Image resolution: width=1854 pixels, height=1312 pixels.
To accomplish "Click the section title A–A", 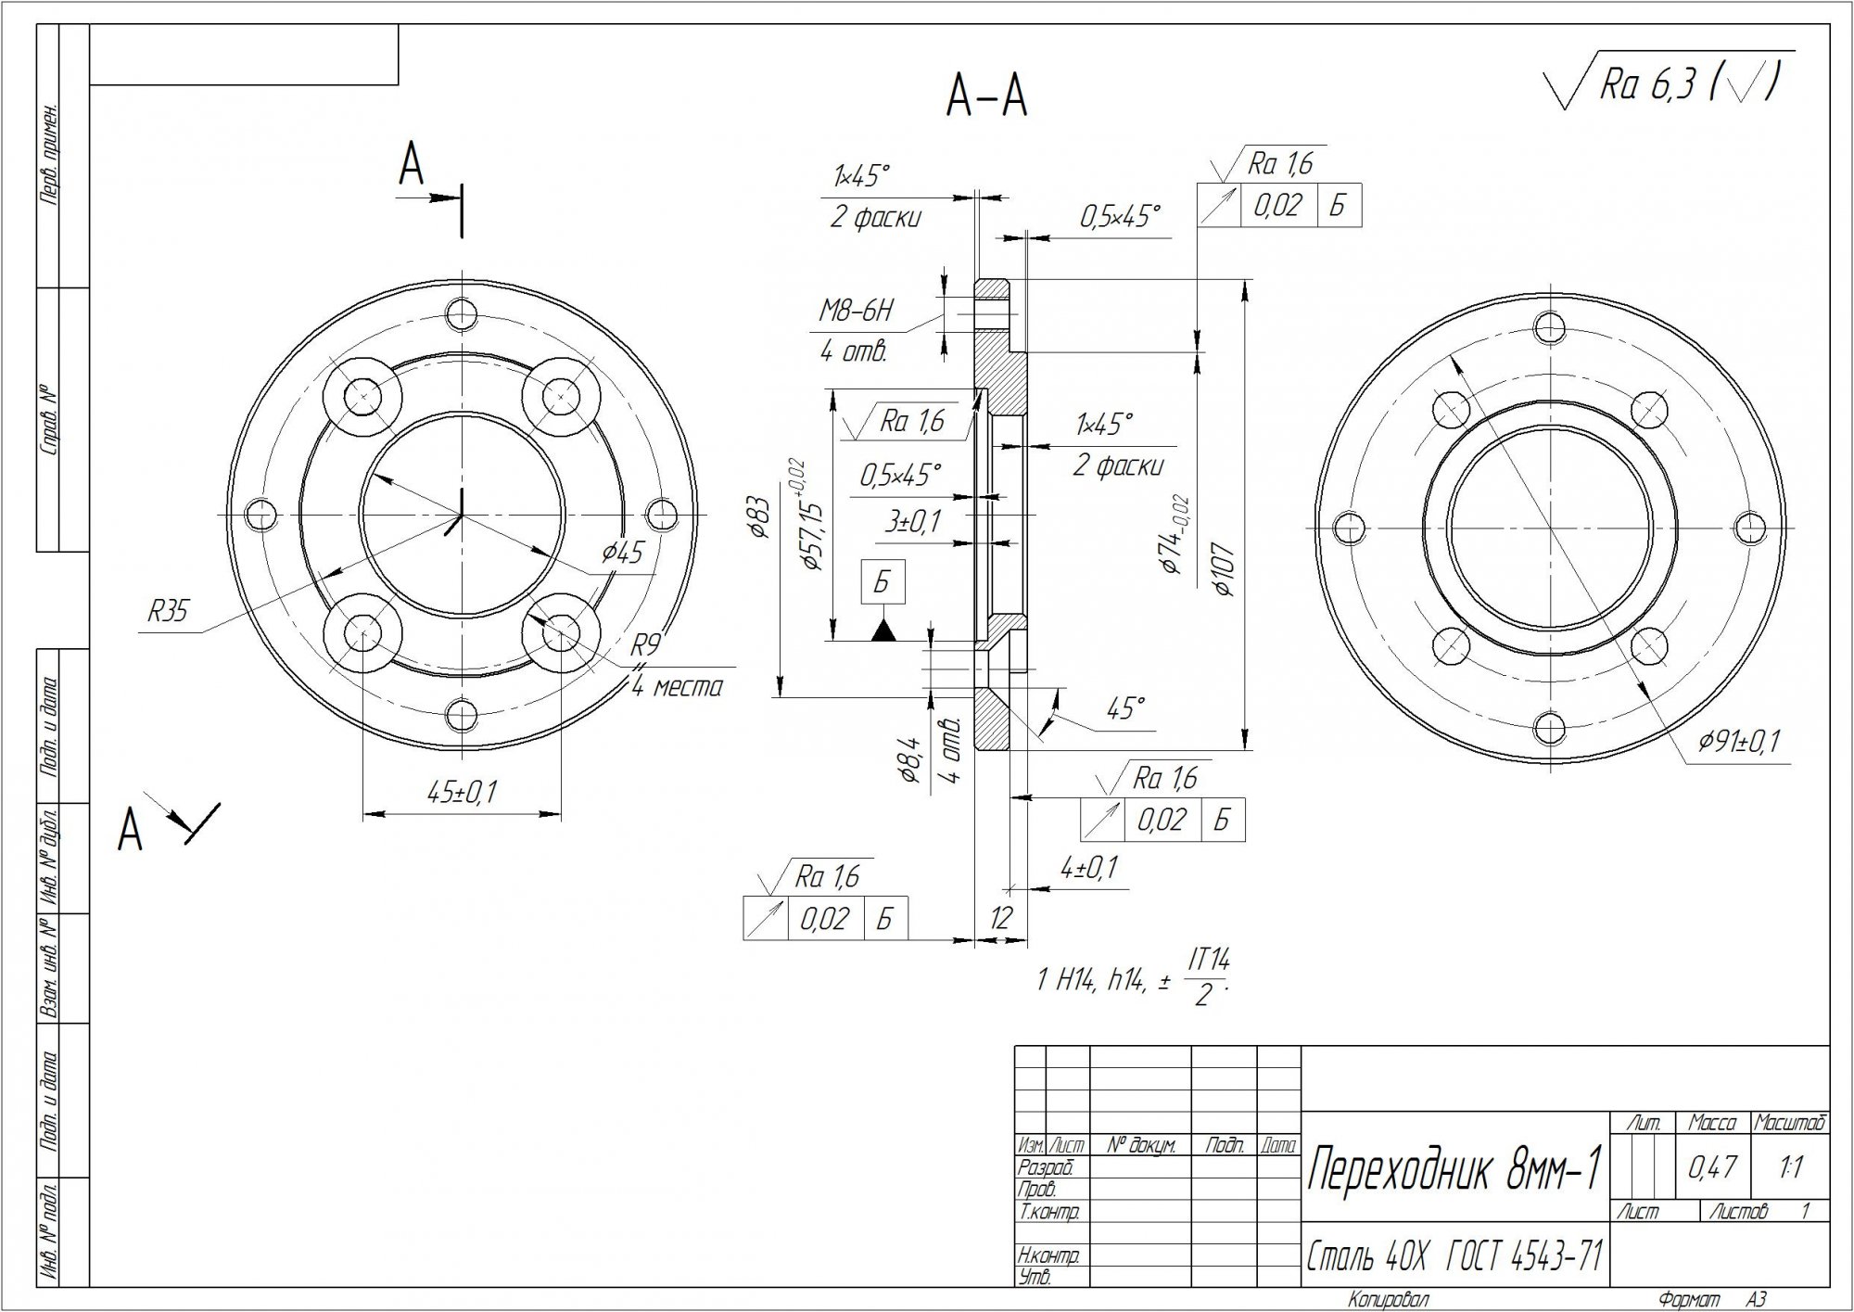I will coord(986,97).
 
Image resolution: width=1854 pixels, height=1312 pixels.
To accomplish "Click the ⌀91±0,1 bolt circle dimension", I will coord(1739,742).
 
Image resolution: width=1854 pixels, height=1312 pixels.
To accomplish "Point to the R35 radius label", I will coord(168,612).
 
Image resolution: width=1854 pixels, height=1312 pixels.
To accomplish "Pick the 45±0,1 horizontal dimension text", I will coord(462,793).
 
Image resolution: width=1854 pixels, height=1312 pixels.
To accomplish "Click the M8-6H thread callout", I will coord(855,312).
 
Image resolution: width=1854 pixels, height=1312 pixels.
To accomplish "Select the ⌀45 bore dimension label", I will coord(622,554).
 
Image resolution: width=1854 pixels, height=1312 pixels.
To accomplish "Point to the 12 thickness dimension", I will coord(1000,918).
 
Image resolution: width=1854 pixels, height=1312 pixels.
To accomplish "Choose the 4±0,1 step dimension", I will coord(1089,869).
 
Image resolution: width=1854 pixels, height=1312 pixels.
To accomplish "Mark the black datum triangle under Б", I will coord(883,631).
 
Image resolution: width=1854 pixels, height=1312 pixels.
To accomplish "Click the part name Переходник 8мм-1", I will coord(1454,1171).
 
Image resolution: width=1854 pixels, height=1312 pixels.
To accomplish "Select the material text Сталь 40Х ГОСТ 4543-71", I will coord(1454,1257).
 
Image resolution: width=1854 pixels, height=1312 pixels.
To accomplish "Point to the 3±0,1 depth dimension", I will coord(912,523).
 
